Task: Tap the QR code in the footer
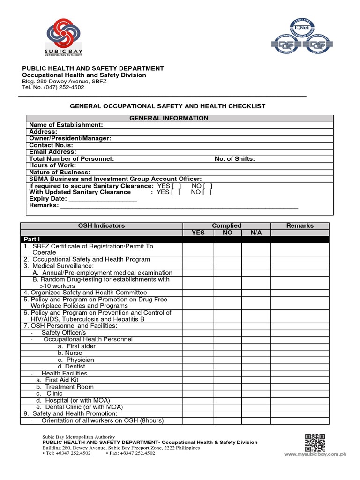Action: pyautogui.click(x=315, y=442)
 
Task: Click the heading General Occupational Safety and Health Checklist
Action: pyautogui.click(x=167, y=106)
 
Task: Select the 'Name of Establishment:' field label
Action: pyautogui.click(x=66, y=125)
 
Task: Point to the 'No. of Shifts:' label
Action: pyautogui.click(x=234, y=159)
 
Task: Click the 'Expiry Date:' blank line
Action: pyautogui.click(x=103, y=199)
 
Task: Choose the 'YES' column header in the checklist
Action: pyautogui.click(x=198, y=232)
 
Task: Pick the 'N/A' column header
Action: pyautogui.click(x=256, y=232)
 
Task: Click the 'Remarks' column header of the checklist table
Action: pyautogui.click(x=300, y=225)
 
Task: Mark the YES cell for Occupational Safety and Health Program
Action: pyautogui.click(x=198, y=259)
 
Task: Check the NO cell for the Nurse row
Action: pyautogui.click(x=228, y=353)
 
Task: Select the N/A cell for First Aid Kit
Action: pyautogui.click(x=256, y=380)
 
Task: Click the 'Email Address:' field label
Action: pyautogui.click(x=52, y=152)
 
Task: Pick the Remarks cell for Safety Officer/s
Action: pyautogui.click(x=300, y=333)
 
